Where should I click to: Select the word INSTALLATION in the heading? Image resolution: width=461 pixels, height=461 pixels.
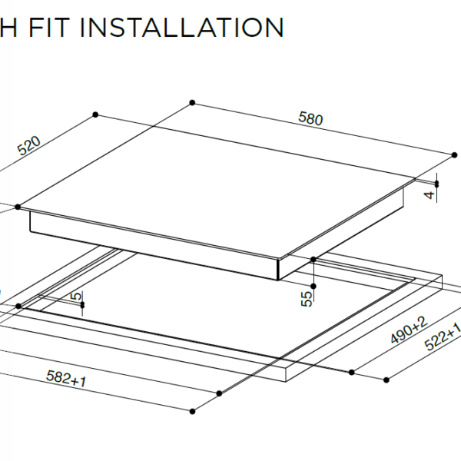181,27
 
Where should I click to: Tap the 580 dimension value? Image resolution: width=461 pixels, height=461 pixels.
311,119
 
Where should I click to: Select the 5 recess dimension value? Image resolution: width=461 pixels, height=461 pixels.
75,296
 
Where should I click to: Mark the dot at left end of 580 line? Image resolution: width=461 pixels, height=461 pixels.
191,102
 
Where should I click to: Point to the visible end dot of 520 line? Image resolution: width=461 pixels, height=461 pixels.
95,114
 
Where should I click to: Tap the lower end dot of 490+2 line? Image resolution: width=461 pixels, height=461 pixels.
352,373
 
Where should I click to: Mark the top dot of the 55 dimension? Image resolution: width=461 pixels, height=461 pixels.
314,260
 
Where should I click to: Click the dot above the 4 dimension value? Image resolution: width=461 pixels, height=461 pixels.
436,183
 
